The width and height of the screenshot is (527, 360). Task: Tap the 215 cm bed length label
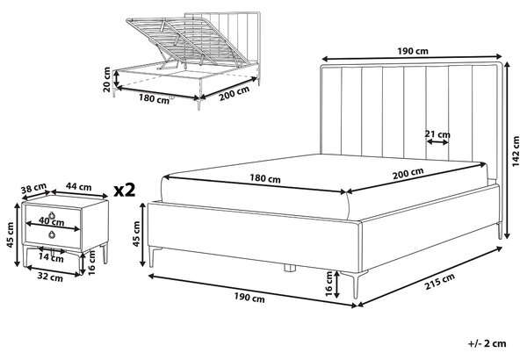(440, 281)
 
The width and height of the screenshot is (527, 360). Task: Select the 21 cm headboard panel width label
(437, 134)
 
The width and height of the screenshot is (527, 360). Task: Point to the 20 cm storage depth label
(107, 79)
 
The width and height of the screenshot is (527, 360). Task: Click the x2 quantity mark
(125, 191)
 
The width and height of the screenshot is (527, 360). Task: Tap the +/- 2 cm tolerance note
(487, 343)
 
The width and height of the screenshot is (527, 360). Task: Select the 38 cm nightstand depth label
(33, 189)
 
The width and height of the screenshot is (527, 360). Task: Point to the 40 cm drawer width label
(52, 221)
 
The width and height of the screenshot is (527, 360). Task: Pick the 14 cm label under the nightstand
(51, 258)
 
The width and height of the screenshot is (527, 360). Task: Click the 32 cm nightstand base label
(50, 277)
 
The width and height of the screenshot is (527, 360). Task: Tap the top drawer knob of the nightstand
(52, 215)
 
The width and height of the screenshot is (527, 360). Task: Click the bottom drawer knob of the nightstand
(52, 234)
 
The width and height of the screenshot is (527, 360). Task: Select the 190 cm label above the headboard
(413, 51)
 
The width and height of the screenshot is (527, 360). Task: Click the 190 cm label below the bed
(249, 297)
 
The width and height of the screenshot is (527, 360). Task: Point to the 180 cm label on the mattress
(265, 178)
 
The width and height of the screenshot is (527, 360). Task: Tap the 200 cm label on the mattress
(408, 173)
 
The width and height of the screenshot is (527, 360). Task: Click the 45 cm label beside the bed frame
(136, 234)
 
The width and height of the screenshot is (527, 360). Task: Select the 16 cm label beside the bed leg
(329, 284)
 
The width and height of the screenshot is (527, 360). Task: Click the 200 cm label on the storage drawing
(235, 94)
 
